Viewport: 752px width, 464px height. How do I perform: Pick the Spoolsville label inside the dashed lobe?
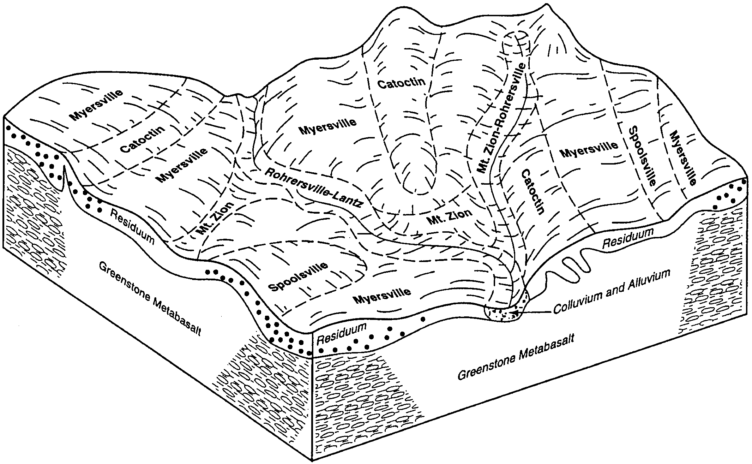click(x=298, y=277)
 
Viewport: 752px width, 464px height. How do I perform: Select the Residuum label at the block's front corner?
click(x=340, y=334)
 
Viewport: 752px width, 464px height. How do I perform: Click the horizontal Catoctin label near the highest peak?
click(x=401, y=83)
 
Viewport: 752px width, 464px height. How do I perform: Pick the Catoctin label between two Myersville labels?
click(x=143, y=139)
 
